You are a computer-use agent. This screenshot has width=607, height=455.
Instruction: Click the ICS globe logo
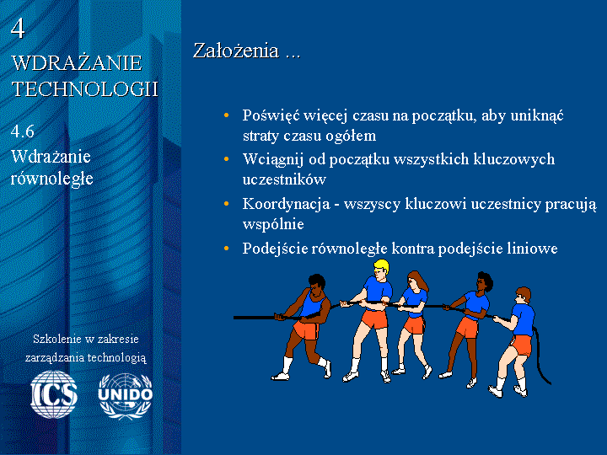(54, 394)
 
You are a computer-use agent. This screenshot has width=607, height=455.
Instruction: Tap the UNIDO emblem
(125, 396)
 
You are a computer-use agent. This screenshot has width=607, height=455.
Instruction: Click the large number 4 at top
(18, 29)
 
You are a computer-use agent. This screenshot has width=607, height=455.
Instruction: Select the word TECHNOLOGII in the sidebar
(85, 89)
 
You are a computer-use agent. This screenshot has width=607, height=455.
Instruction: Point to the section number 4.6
(23, 131)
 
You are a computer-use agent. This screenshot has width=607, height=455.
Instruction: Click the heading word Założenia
(236, 51)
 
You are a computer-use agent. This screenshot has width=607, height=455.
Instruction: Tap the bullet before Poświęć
(227, 115)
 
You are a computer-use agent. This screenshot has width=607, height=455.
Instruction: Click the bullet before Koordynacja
(227, 204)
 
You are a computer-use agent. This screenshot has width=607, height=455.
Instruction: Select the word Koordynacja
(286, 204)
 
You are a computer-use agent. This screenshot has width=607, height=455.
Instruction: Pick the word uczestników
(284, 179)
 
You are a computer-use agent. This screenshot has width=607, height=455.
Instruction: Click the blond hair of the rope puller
(381, 265)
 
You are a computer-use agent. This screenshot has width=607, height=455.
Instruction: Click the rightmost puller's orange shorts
(521, 345)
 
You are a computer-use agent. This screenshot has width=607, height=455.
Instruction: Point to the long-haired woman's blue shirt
(415, 302)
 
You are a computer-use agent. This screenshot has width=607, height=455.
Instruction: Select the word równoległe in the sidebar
(52, 179)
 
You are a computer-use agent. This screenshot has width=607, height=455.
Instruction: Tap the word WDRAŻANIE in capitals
(77, 63)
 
